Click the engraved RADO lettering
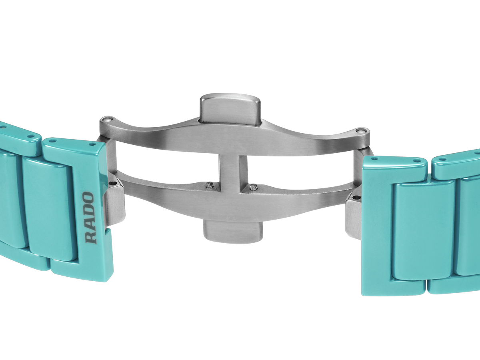tap(90, 218)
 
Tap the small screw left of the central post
tap(210, 185)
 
